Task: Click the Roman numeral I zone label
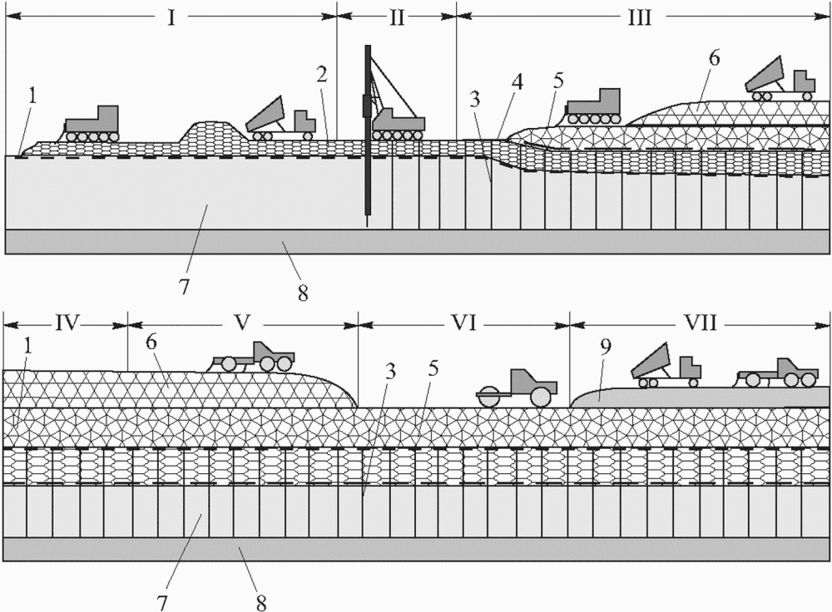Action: coord(171,17)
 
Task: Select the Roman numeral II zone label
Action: coord(397,17)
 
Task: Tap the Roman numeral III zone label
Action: coord(639,17)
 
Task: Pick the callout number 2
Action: coord(321,76)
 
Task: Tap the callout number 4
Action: coord(518,82)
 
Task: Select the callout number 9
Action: coord(606,346)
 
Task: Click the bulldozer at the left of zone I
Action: coord(92,124)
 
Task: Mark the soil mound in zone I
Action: coord(212,131)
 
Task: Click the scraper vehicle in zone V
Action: coord(253,357)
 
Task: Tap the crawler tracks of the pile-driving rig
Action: coord(398,136)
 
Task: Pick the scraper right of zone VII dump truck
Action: coord(777,373)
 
